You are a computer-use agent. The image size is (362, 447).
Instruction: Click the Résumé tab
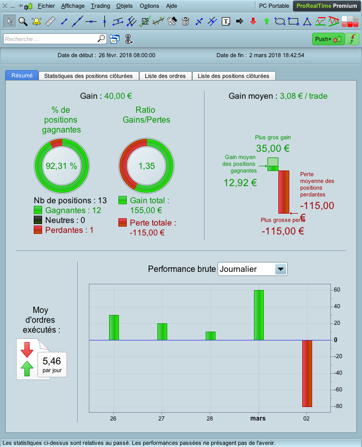click(22, 75)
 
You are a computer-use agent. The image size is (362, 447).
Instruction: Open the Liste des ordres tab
click(165, 76)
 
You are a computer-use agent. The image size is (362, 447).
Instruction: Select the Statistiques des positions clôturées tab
click(89, 76)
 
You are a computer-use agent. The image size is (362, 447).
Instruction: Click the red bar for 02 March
click(307, 373)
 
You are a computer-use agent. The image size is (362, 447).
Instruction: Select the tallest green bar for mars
click(259, 315)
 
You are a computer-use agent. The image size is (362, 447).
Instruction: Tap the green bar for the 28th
click(210, 336)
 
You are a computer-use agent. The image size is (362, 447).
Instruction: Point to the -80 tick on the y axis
click(337, 406)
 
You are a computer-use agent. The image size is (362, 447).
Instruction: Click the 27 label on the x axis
click(162, 418)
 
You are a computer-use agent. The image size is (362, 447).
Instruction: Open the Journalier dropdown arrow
click(281, 269)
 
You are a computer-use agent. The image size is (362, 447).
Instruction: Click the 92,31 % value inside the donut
click(61, 166)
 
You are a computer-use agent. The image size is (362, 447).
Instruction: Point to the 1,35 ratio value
click(146, 166)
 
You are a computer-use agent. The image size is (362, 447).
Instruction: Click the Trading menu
click(101, 6)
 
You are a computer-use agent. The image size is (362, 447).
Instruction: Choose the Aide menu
click(171, 6)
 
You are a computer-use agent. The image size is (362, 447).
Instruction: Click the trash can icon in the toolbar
click(185, 21)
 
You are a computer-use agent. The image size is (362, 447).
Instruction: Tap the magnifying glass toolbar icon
click(23, 21)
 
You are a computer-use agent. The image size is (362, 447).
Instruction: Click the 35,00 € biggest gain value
click(273, 148)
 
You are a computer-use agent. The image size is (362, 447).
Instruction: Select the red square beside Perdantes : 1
click(38, 230)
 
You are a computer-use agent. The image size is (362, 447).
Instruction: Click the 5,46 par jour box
click(52, 364)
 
